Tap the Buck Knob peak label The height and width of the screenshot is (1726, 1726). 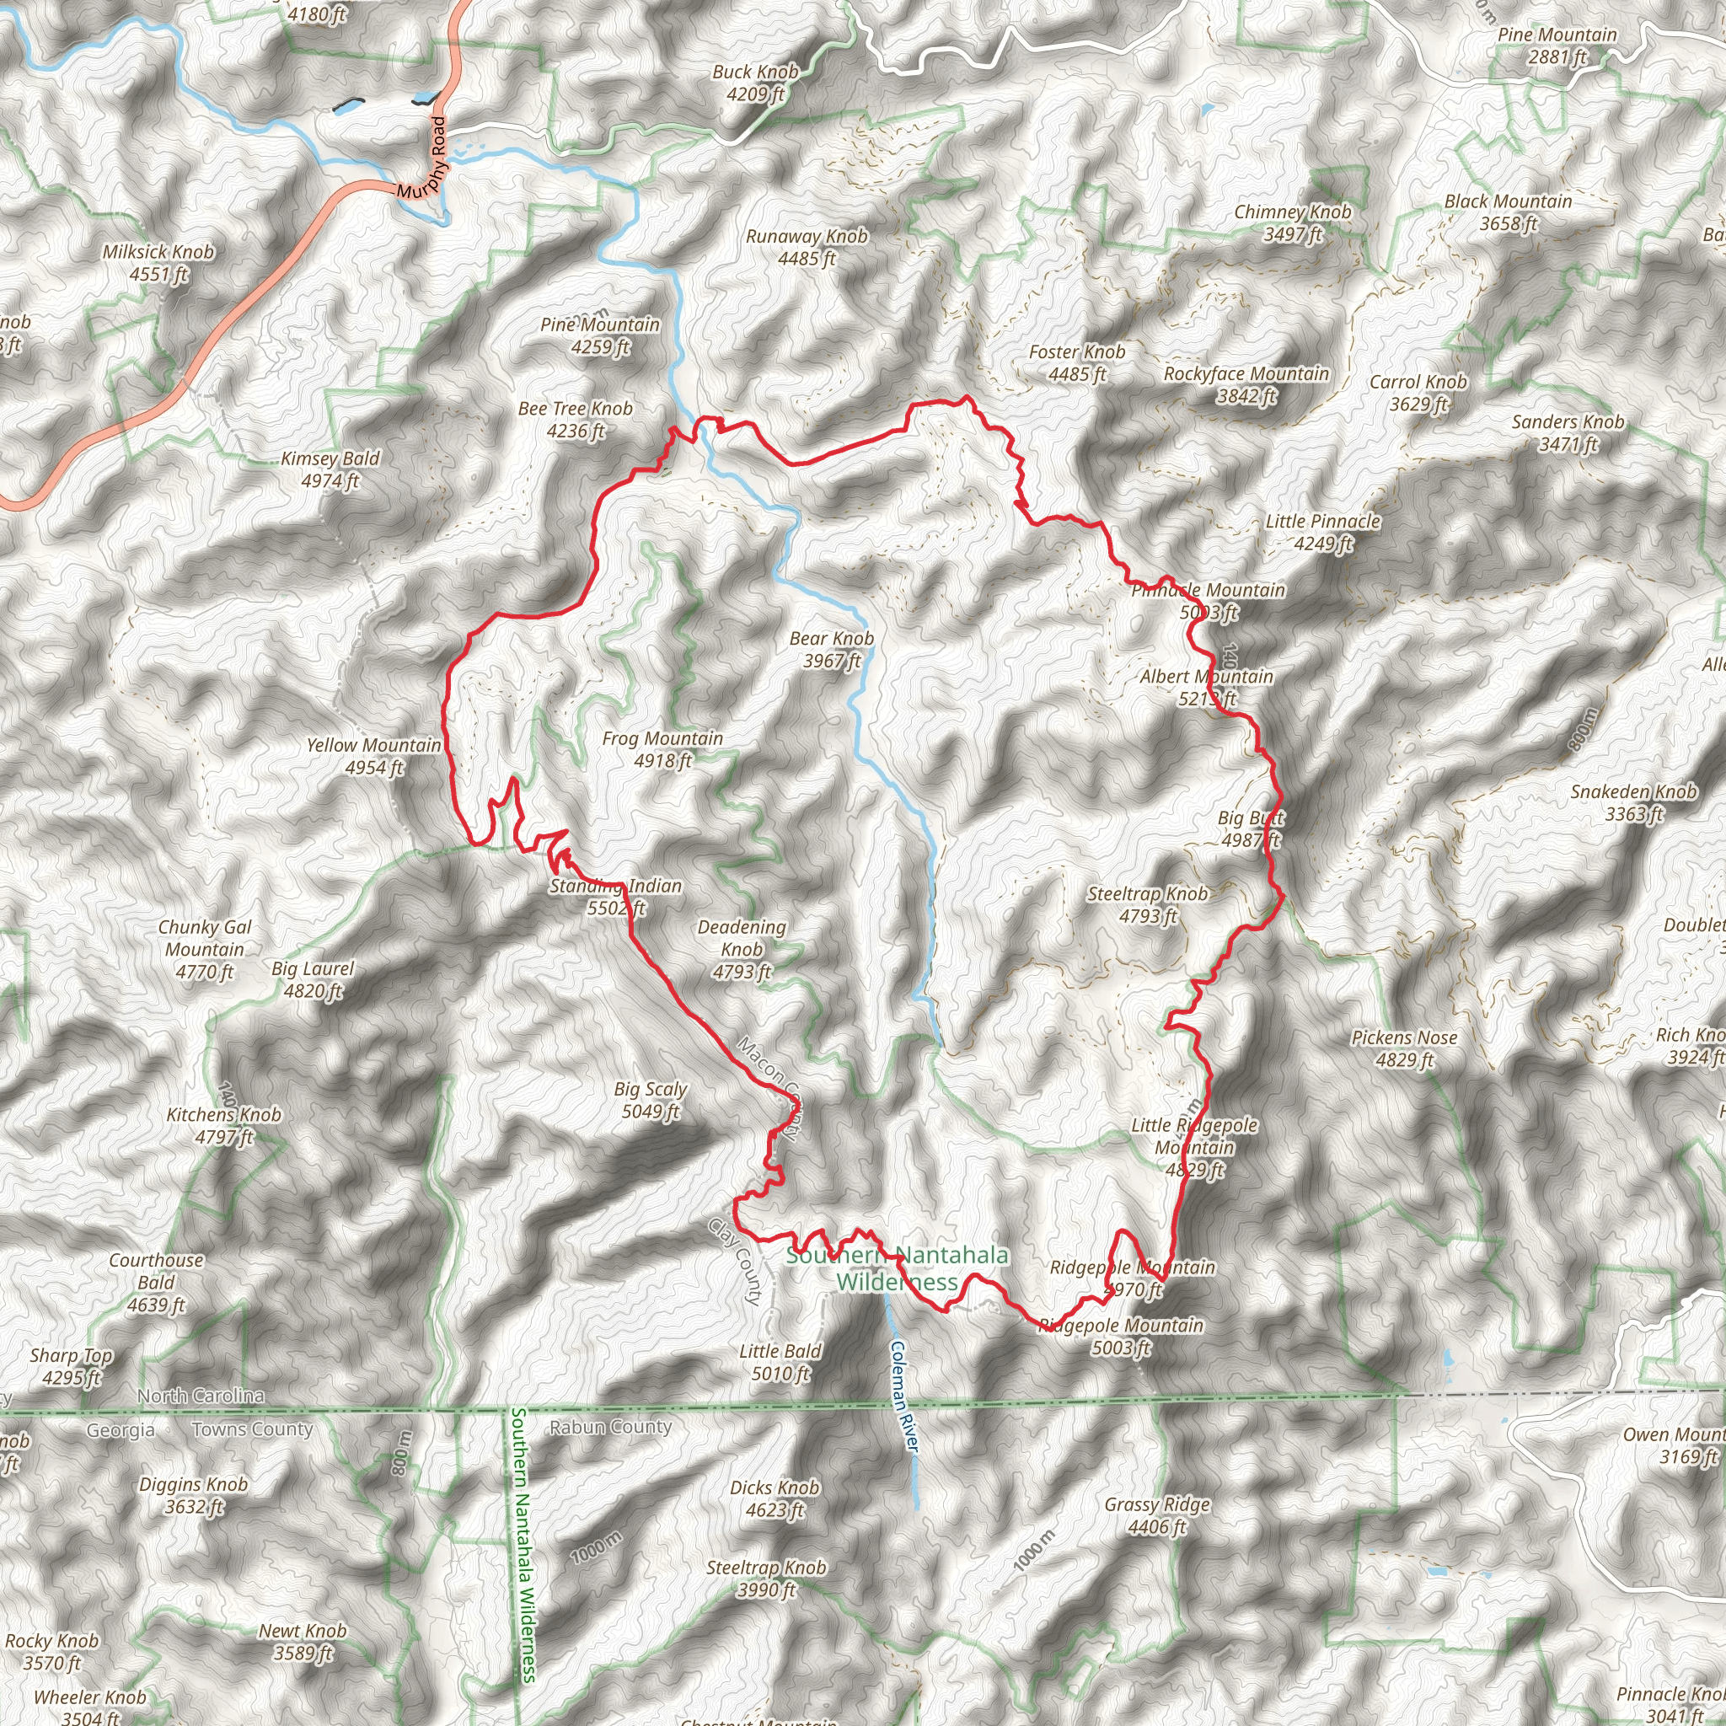(x=755, y=83)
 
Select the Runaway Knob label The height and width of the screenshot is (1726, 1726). (x=806, y=247)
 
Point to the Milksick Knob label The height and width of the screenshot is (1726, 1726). (x=158, y=263)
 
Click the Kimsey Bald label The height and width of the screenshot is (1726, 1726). (x=330, y=469)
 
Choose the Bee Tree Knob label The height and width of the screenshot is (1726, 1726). (x=576, y=419)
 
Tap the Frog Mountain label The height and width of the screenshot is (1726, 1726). (x=662, y=748)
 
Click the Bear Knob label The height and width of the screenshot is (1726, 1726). (x=831, y=649)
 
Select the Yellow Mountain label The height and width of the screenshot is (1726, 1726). (x=373, y=756)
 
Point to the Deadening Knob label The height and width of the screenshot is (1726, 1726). (x=742, y=949)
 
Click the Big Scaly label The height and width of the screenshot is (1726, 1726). (x=651, y=1100)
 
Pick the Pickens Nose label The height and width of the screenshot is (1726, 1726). (x=1403, y=1048)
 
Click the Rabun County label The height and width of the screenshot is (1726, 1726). (x=610, y=1427)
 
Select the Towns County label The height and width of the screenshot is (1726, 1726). (x=253, y=1429)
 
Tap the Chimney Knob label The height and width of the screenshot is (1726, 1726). (x=1292, y=222)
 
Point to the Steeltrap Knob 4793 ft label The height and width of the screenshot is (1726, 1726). (x=1147, y=904)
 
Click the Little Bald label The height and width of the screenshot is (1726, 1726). (x=780, y=1363)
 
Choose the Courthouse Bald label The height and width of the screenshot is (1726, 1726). (x=157, y=1282)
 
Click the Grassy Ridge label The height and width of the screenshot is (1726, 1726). (x=1157, y=1515)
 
